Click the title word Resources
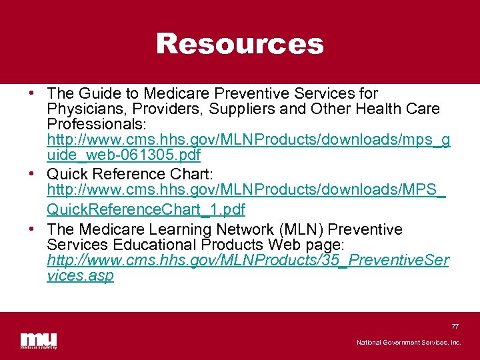coord(239,44)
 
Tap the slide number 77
coord(455,326)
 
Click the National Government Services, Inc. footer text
coord(408,343)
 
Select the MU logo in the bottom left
coord(38,339)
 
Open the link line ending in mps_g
coord(248,141)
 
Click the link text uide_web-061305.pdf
coord(123,155)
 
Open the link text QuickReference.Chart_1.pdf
coord(146,210)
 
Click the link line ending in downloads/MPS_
coord(246,191)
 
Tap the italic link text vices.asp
coord(80,275)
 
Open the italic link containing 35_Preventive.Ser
coord(248,260)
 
